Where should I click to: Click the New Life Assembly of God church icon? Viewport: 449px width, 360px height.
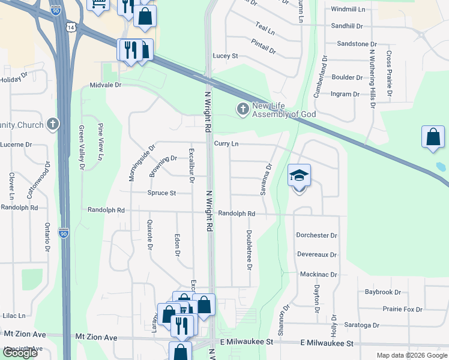(x=243, y=109)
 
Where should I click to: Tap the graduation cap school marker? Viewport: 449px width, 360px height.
(x=299, y=175)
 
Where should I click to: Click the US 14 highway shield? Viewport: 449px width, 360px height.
(x=71, y=28)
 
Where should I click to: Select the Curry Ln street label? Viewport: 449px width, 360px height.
(x=226, y=144)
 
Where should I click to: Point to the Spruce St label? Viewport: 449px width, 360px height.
(x=161, y=193)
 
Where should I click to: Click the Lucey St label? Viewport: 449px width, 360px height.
(x=226, y=56)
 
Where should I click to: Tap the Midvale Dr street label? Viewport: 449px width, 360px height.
(x=106, y=85)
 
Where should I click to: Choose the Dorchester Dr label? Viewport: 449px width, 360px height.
(x=316, y=235)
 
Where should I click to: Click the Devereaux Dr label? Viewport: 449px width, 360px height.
(x=317, y=254)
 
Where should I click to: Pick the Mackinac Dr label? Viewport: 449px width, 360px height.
(x=318, y=274)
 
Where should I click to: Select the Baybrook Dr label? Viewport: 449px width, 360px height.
(x=382, y=292)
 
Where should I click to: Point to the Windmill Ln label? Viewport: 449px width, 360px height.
(x=348, y=10)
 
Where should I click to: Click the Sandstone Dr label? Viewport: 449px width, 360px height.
(x=357, y=44)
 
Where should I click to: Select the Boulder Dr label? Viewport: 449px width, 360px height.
(x=347, y=77)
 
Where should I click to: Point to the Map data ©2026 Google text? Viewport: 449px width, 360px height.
(x=412, y=355)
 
